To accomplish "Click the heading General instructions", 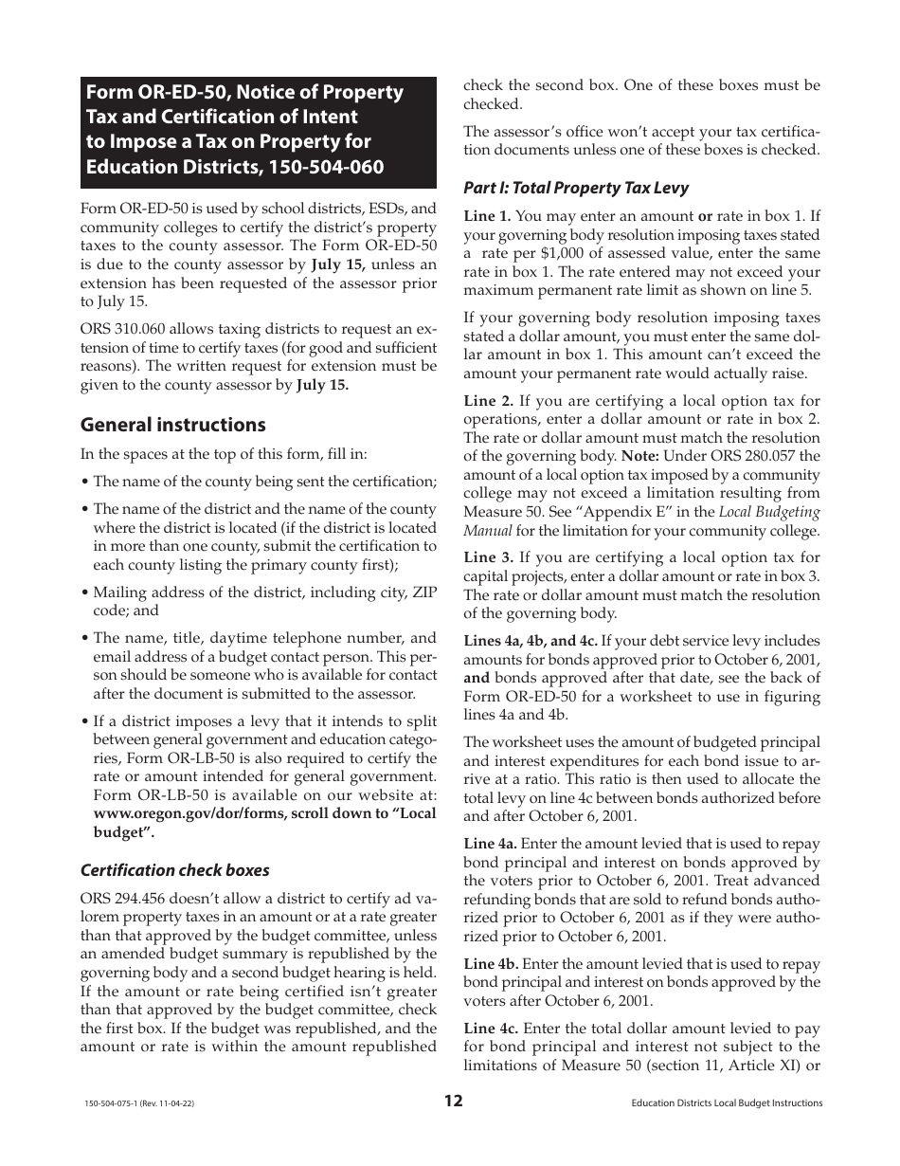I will click(172, 425).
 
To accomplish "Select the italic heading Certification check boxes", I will click(174, 870).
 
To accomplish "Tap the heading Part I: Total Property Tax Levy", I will click(576, 188).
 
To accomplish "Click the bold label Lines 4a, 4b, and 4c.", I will click(531, 641).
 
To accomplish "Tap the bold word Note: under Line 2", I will click(639, 456).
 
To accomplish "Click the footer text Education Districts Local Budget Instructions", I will click(726, 1102).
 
